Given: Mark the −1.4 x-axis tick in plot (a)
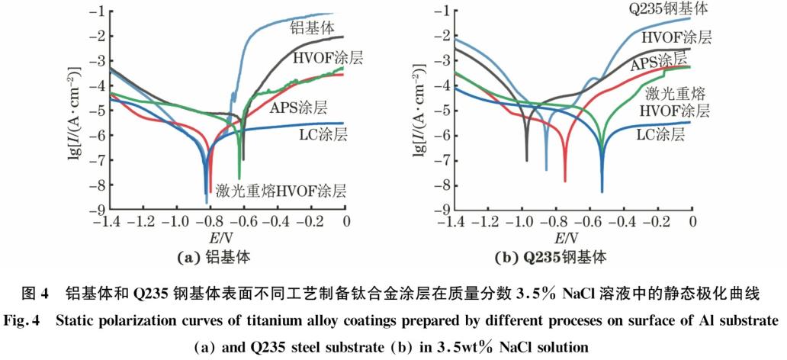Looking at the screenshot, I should pos(108,221).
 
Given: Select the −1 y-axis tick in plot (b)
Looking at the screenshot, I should pos(441,11).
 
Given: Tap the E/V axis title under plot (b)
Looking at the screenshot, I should pos(573,238).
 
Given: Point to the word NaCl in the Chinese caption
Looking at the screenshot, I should pos(580,293).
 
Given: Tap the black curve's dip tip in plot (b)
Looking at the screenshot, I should pos(527,159).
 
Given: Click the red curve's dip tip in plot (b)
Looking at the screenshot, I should pos(565,180).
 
